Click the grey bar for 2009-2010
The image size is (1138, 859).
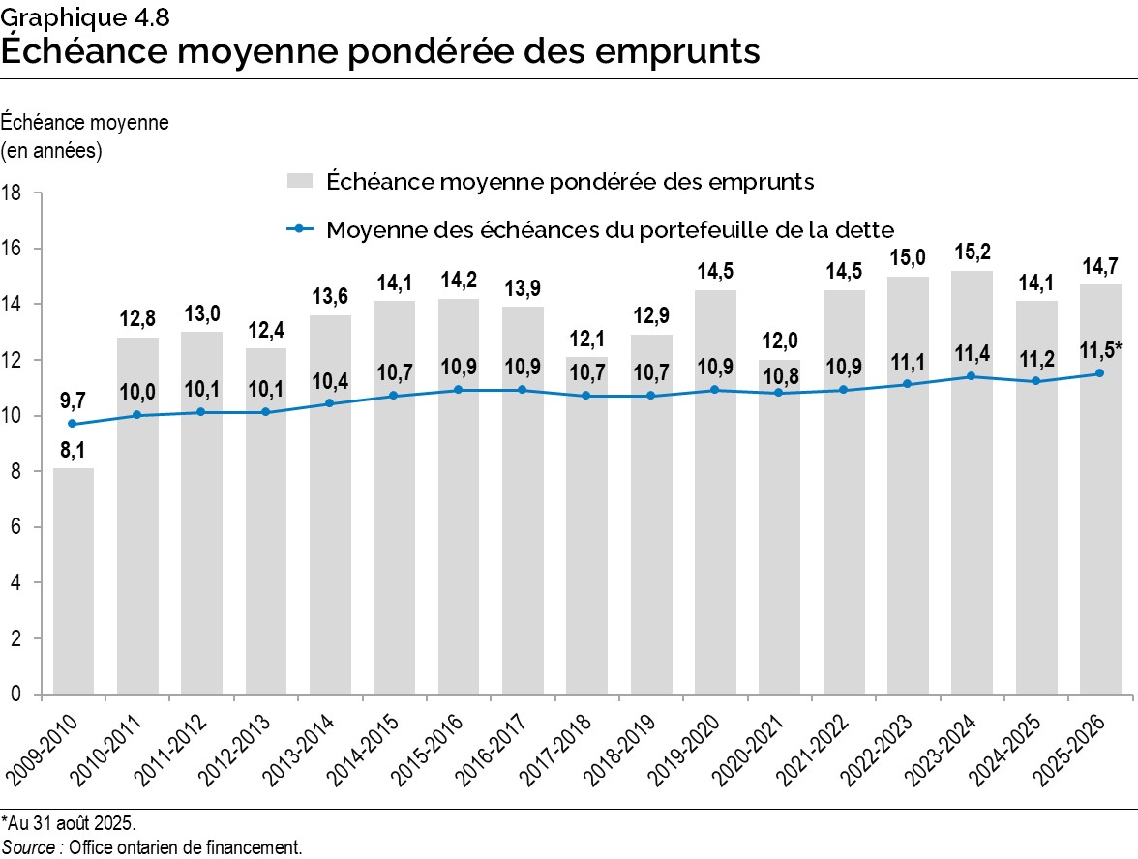[x=74, y=580]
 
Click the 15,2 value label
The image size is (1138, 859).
[x=972, y=253]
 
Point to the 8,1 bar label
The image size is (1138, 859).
[x=74, y=451]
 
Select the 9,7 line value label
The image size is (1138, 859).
[x=74, y=400]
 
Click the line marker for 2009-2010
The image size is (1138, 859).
[x=74, y=424]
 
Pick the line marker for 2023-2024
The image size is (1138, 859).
[x=972, y=376]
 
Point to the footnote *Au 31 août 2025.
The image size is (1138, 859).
[x=69, y=824]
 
